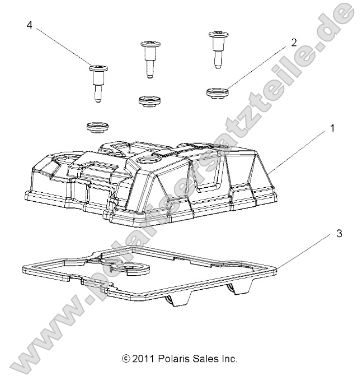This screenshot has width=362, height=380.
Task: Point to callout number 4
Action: point(29,26)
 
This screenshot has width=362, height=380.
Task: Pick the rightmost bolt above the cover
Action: point(217,48)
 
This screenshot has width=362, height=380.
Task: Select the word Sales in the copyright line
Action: point(203,359)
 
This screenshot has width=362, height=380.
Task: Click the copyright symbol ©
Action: point(126,359)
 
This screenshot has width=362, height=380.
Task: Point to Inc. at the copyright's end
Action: point(228,359)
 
